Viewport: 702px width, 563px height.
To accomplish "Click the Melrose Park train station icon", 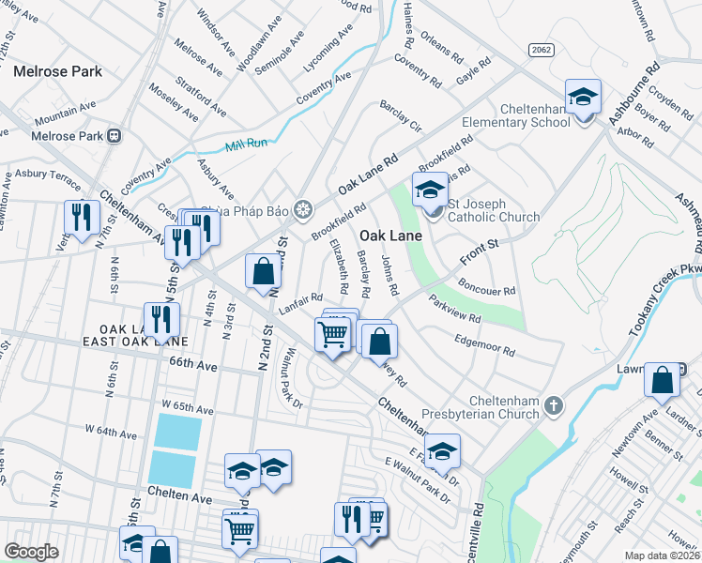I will click(115, 136).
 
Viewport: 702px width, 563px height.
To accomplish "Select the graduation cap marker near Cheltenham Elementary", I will click(583, 98).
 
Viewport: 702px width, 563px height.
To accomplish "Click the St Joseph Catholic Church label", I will click(493, 210).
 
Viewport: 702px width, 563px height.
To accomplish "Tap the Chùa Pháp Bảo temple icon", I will click(302, 208).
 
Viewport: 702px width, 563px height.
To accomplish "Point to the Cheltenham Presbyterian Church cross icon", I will click(554, 405).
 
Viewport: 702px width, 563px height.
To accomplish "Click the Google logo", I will click(31, 551).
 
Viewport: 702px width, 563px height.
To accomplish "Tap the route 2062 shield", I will click(541, 49).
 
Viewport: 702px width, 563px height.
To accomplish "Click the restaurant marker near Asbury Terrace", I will click(82, 218).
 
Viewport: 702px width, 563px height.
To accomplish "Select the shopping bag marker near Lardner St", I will click(662, 381).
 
